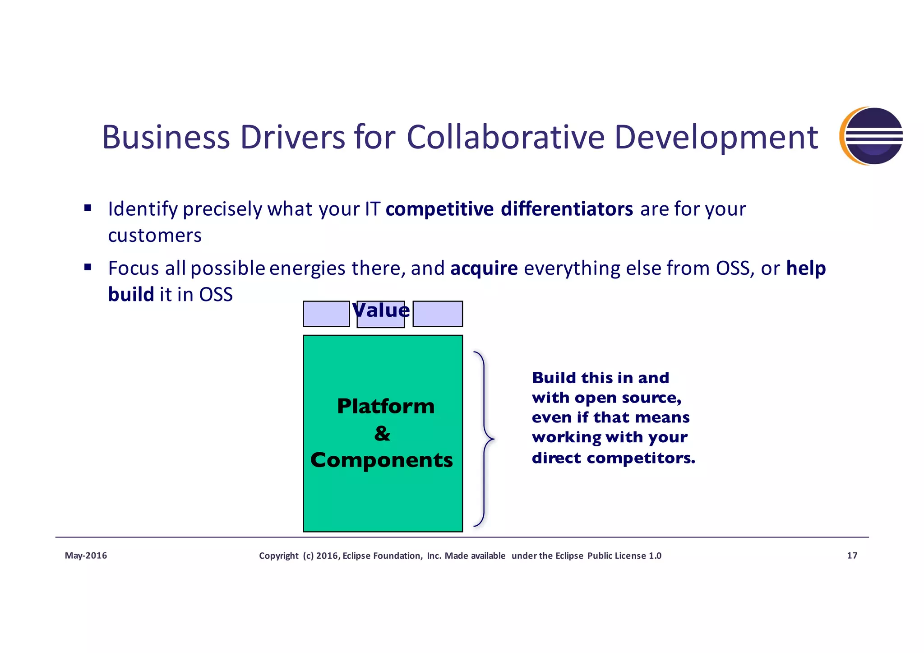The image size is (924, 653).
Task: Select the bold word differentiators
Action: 567,209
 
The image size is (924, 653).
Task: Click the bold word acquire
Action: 484,268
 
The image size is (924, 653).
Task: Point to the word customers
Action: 155,236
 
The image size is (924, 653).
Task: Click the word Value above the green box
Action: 381,310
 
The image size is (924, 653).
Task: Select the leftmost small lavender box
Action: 326,314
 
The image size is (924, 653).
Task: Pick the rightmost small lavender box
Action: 438,314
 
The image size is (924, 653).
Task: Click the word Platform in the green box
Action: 386,406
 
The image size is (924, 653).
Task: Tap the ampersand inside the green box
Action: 382,433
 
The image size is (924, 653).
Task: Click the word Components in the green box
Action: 381,460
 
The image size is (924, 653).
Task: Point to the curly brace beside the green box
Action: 485,439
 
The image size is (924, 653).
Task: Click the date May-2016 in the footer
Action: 86,556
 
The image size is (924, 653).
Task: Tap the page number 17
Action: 852,556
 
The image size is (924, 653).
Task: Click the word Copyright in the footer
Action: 278,556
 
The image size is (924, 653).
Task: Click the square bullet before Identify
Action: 88,208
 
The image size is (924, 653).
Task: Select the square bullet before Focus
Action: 88,267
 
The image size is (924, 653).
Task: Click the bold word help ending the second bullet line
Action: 806,268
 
